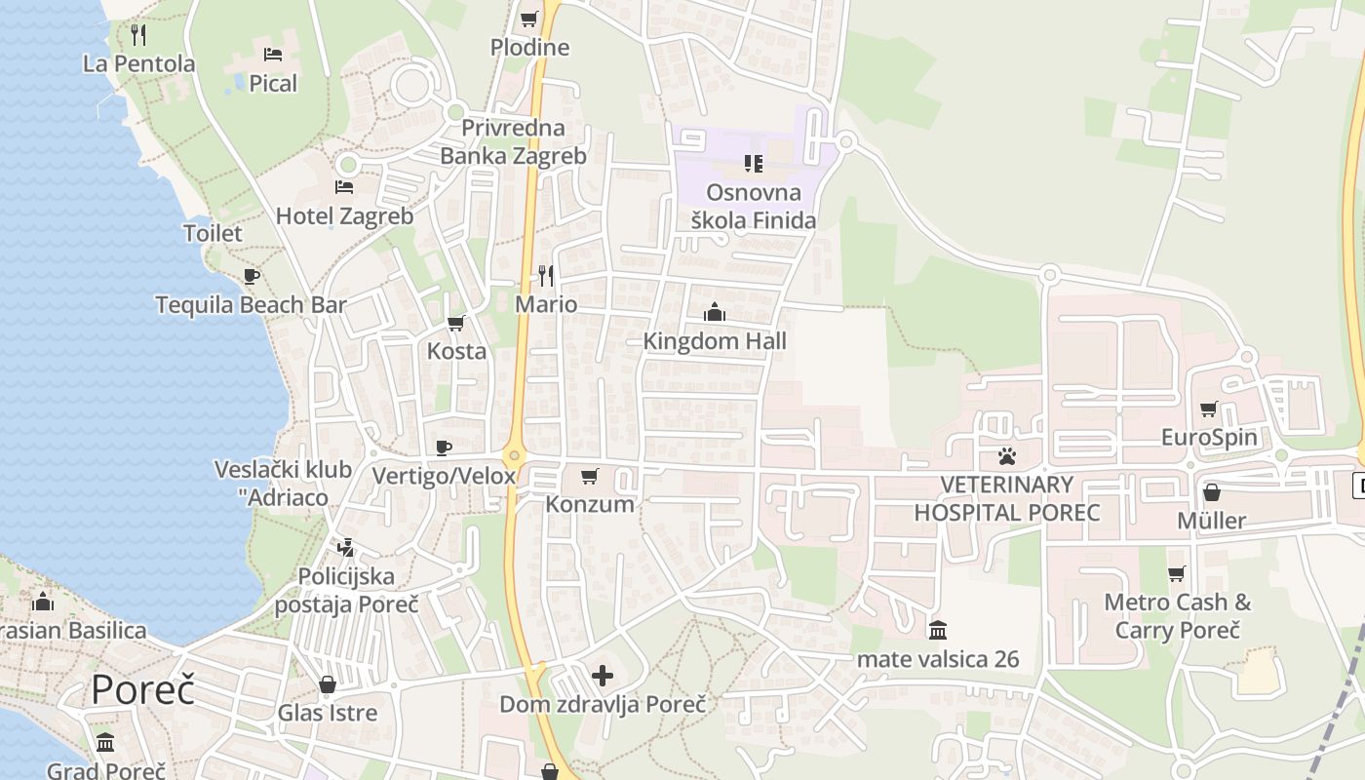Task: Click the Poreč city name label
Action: coord(143,689)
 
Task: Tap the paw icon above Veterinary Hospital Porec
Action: coord(1006,455)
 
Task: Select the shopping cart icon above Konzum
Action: coord(589,476)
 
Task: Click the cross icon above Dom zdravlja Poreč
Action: coord(603,675)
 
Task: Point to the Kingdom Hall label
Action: coord(715,341)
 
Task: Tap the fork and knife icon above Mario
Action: coord(546,276)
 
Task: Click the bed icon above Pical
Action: coord(273,55)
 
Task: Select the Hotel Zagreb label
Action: coord(345,215)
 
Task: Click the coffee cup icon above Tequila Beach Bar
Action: coord(252,276)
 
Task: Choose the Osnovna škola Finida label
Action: coord(754,207)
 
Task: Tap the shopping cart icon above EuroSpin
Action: coord(1209,409)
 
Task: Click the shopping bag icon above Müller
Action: coord(1211,492)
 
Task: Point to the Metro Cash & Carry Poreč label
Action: coord(1178,615)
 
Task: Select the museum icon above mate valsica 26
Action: coord(938,630)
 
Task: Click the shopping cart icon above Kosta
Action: coord(455,323)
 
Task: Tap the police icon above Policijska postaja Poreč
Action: coord(345,547)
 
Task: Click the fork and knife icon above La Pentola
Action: coord(138,35)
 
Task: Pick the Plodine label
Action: coord(529,47)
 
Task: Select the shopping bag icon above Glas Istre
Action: coord(328,684)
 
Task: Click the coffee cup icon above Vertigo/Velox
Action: coord(444,448)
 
